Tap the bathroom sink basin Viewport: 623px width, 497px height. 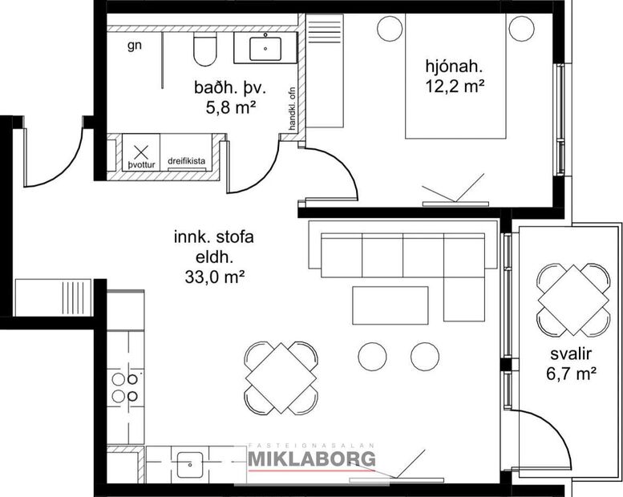(265, 48)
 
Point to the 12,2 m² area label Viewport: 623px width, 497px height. (456, 84)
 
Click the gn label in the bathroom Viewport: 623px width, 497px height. (135, 45)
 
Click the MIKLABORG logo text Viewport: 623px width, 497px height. (311, 459)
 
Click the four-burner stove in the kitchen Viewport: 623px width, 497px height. (126, 387)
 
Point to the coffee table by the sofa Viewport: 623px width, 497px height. (390, 305)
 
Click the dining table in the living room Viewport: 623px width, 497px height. (281, 378)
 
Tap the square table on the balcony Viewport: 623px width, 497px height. (572, 299)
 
